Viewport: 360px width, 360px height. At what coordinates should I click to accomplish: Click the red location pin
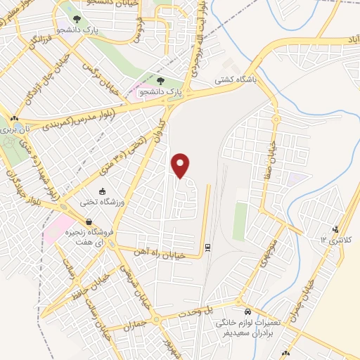tap(181, 166)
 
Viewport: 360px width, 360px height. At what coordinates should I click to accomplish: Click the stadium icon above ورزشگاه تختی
tap(103, 191)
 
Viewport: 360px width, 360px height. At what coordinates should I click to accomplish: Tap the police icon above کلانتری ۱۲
tap(336, 228)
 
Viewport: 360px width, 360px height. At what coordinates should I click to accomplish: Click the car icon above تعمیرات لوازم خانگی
tap(247, 311)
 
